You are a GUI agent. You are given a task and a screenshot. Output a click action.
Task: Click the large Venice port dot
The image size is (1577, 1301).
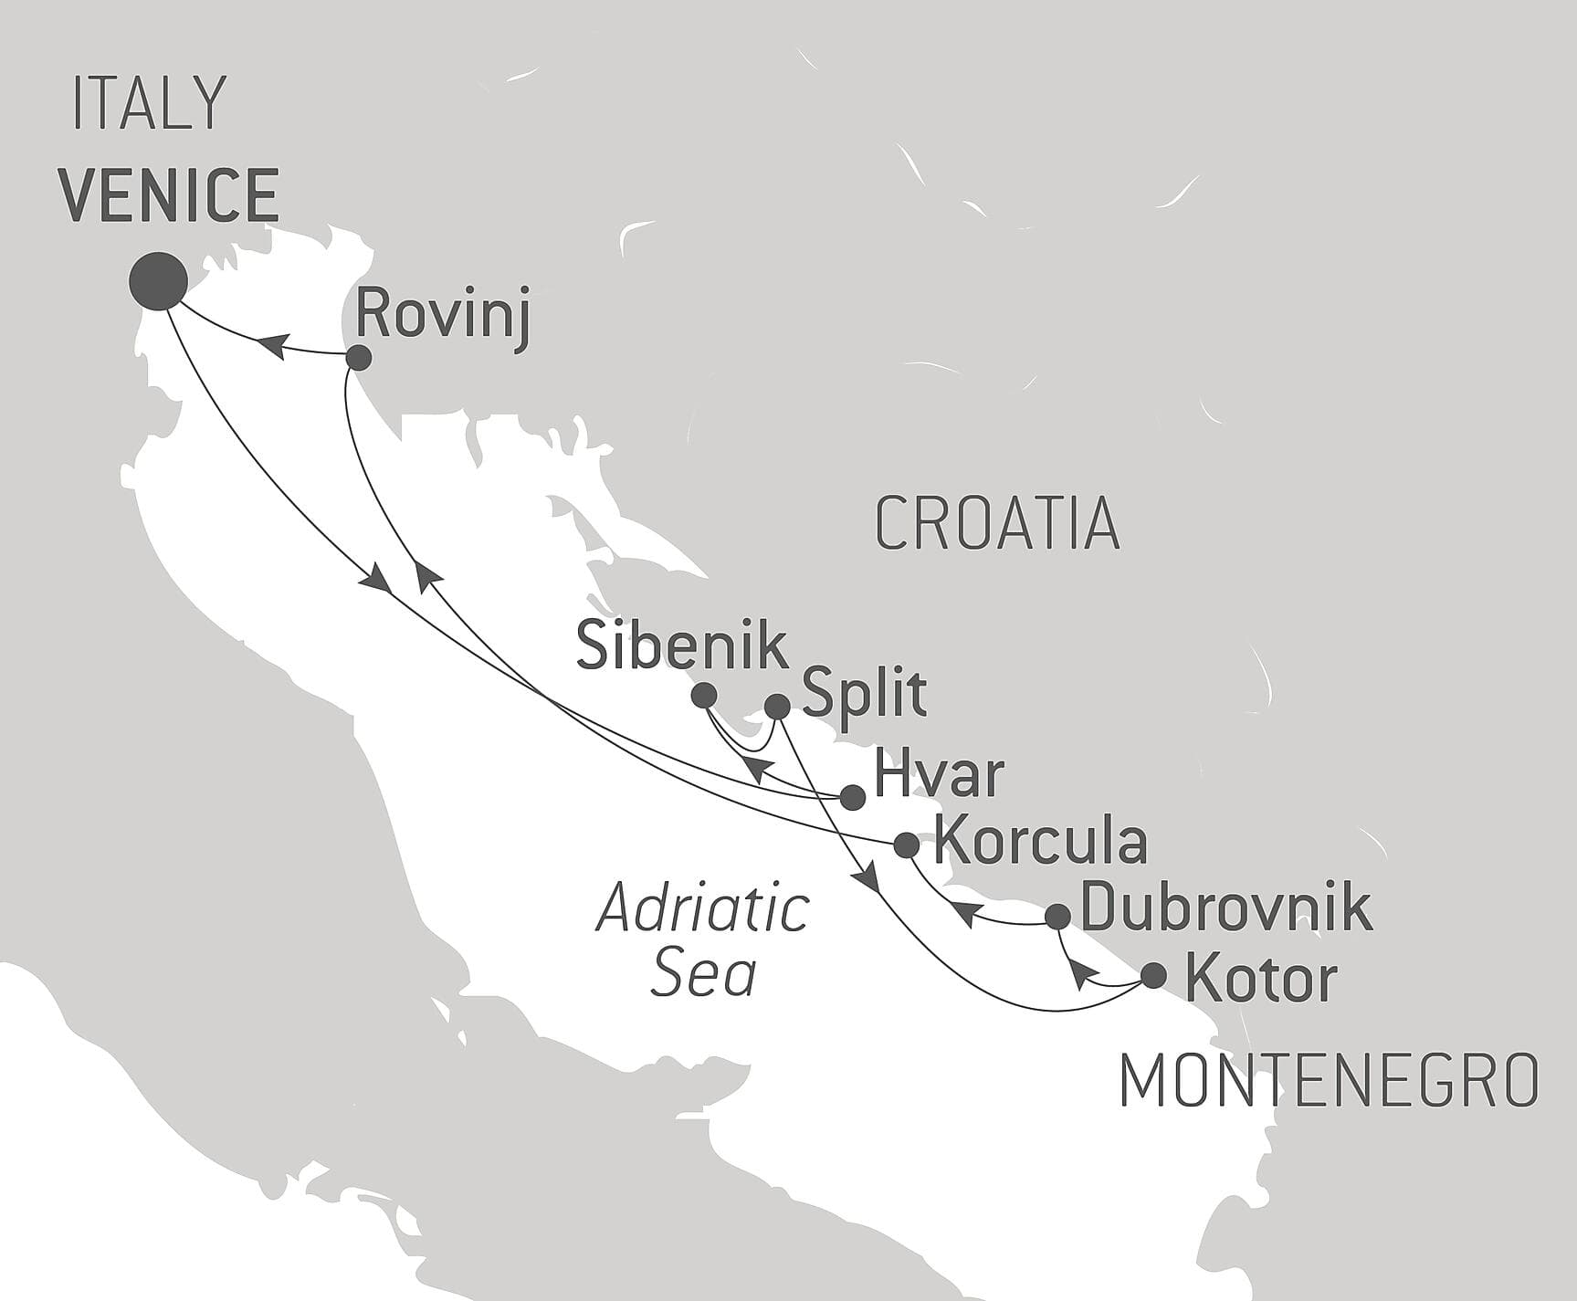[159, 281]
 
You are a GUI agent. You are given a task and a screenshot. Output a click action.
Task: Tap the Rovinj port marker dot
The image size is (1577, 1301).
[359, 358]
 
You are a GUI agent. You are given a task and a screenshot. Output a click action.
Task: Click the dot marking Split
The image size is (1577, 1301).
[776, 706]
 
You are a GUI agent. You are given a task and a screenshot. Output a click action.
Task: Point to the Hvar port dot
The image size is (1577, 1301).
[852, 797]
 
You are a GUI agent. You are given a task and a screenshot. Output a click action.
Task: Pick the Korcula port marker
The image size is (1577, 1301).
[906, 845]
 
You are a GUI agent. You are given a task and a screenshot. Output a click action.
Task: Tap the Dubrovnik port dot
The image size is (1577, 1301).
[1057, 916]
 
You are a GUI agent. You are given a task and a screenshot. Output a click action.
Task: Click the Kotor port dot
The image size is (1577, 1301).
[1154, 975]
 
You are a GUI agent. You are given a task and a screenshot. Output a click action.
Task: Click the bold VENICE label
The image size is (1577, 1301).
[170, 194]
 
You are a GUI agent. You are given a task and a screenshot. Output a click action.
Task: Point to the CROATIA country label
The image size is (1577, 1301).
[997, 524]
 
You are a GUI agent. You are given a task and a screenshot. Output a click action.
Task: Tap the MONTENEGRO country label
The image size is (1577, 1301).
[1329, 1081]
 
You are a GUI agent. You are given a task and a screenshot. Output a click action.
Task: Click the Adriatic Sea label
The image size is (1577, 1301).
[702, 940]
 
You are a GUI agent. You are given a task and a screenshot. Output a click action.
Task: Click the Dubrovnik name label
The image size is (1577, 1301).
[1225, 908]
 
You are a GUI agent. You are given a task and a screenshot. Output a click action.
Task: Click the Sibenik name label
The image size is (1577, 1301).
[682, 646]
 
